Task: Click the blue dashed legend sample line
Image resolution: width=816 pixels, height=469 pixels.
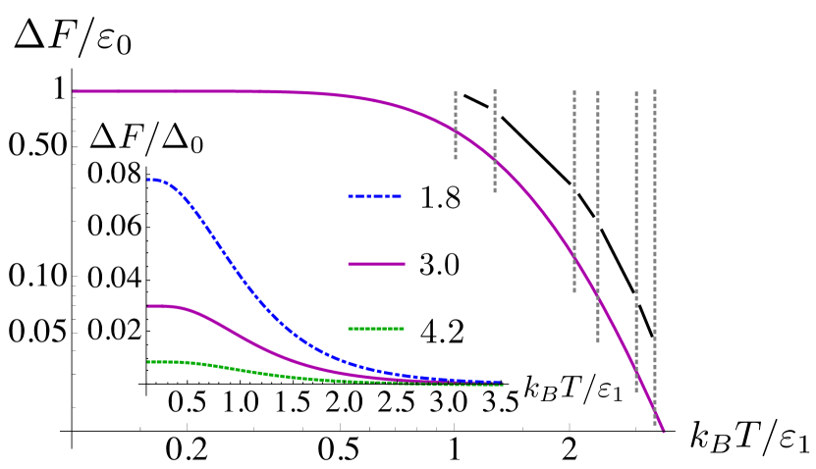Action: click(x=374, y=196)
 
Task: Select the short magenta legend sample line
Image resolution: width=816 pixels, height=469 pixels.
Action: click(x=376, y=264)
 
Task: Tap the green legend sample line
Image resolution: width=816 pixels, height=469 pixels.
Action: click(x=375, y=329)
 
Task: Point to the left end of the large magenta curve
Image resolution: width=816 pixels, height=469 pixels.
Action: click(x=75, y=91)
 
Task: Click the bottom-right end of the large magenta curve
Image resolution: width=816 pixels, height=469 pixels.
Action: click(x=664, y=431)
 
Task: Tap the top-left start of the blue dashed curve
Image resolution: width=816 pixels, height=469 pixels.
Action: click(x=149, y=180)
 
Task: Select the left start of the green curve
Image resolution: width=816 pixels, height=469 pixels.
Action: click(x=149, y=362)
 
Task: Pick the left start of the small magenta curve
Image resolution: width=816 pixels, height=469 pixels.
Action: click(x=149, y=306)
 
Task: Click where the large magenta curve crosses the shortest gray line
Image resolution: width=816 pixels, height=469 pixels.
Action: click(x=456, y=130)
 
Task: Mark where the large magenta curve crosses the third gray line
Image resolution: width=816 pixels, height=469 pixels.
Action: click(x=574, y=258)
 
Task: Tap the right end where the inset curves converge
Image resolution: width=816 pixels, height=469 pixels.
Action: click(x=501, y=384)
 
